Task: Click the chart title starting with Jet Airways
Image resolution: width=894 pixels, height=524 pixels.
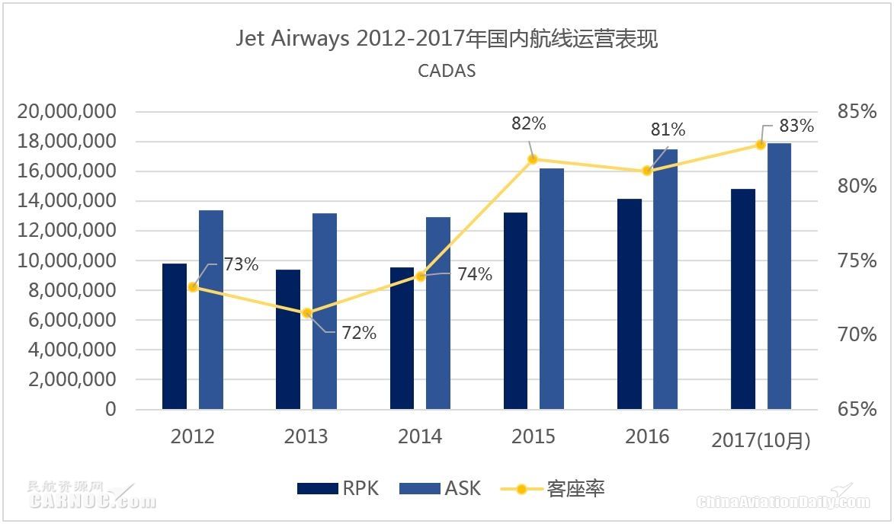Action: [x=447, y=39]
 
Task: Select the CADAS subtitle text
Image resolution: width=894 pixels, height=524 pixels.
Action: [x=447, y=71]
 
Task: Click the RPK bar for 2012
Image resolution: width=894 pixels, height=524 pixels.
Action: [x=174, y=336]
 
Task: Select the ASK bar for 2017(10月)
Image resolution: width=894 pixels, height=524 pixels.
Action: [x=779, y=276]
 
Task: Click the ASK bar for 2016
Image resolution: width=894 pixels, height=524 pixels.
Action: [x=665, y=279]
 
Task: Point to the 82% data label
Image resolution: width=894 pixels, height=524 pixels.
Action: [x=529, y=124]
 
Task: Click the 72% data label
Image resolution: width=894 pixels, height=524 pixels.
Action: [x=358, y=333]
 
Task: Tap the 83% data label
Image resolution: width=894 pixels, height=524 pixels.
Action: [x=796, y=126]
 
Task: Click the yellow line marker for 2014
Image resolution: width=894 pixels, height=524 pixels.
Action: [x=420, y=276]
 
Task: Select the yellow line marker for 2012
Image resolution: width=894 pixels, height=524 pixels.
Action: [x=193, y=287]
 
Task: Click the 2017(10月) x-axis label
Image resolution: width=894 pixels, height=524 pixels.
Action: [x=760, y=440]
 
